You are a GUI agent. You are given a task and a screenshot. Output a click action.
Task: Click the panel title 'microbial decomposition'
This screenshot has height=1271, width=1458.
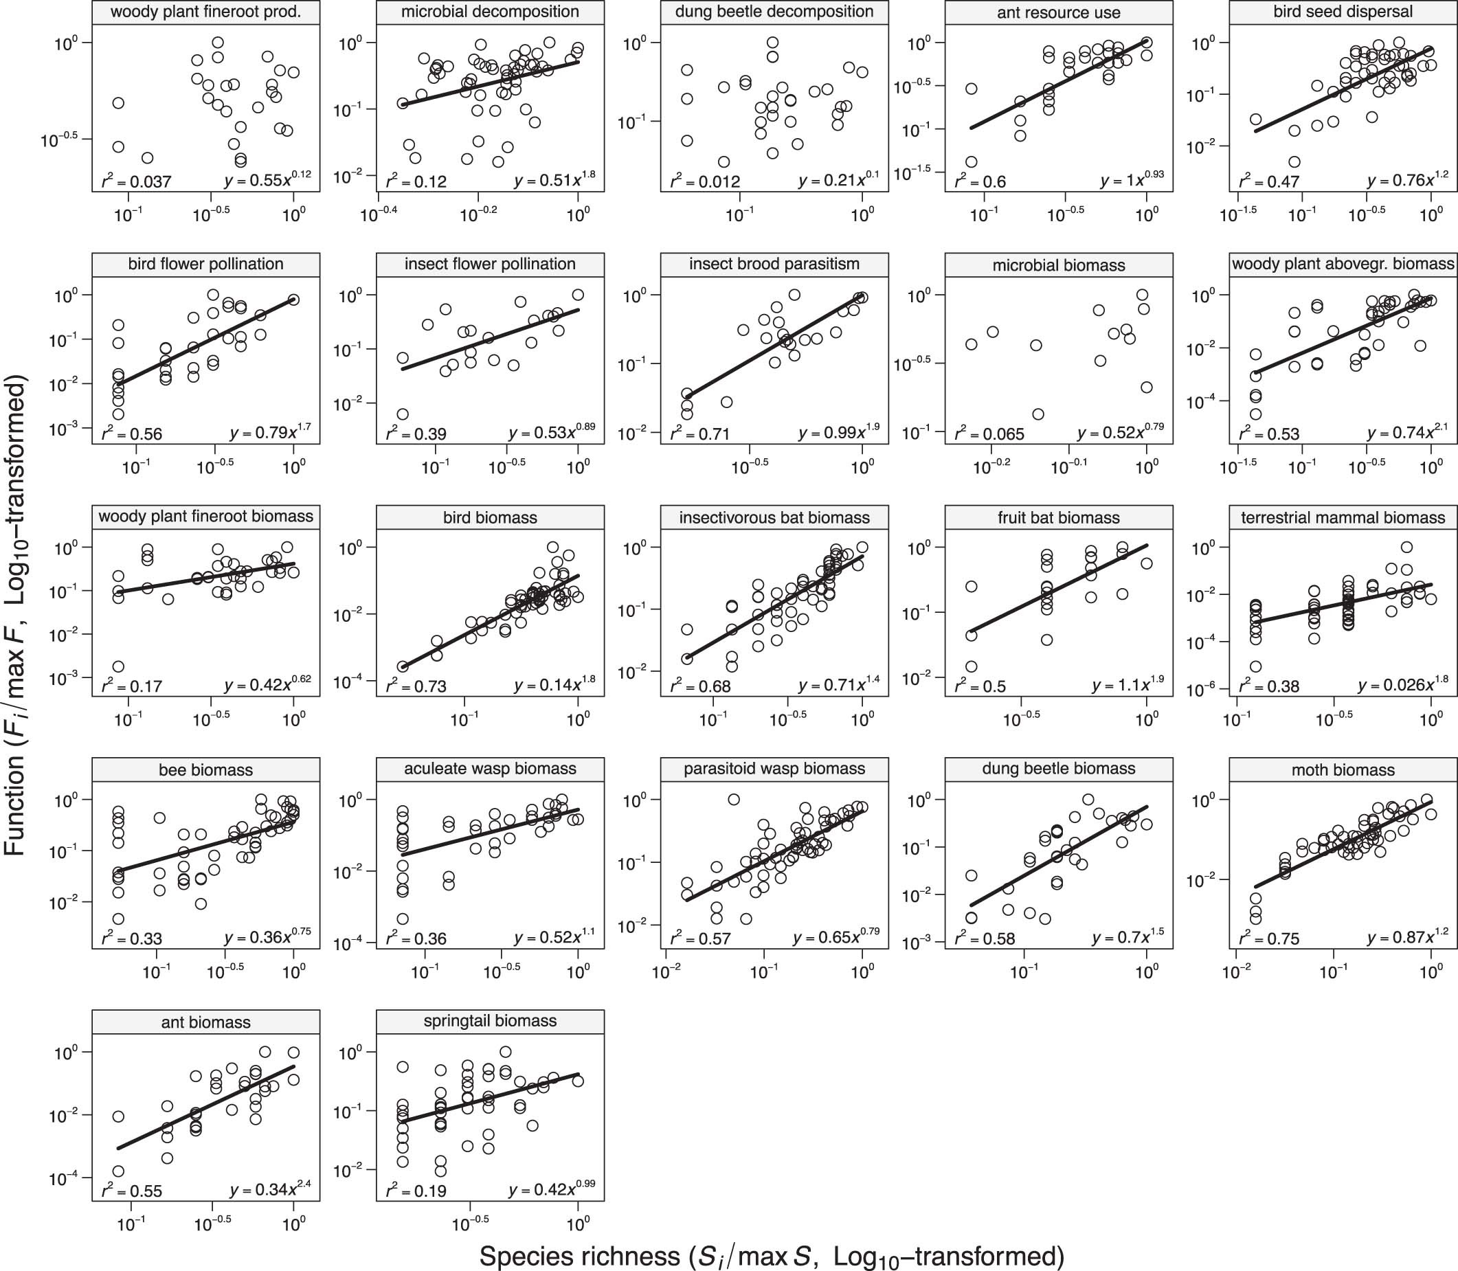490,12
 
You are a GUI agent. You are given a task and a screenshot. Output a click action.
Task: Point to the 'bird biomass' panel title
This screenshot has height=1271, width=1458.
490,518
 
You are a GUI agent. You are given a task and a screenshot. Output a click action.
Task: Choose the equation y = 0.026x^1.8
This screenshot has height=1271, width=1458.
1402,685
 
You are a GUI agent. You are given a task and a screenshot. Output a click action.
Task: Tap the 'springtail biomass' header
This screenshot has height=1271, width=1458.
490,1022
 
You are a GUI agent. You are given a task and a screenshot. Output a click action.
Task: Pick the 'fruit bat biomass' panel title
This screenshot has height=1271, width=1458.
1059,518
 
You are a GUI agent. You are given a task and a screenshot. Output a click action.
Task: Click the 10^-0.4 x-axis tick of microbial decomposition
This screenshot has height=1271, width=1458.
378,214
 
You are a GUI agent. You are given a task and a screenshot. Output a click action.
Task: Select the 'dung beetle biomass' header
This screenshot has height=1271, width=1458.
1059,769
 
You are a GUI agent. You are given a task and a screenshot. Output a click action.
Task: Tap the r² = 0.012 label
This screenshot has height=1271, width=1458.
705,181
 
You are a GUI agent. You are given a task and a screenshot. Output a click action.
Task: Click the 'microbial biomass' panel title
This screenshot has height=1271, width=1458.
1059,265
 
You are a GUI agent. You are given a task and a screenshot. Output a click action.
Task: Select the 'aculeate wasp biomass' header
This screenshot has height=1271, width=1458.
490,769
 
